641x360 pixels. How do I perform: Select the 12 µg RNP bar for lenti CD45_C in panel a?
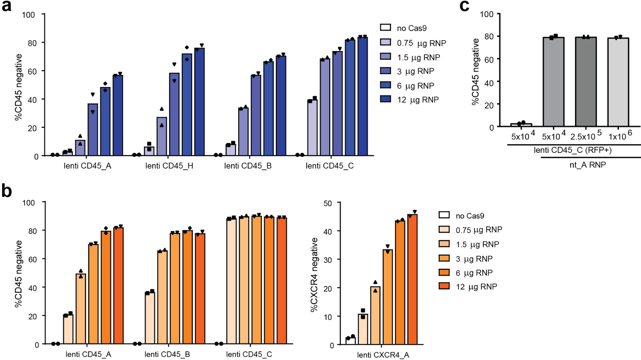click(363, 96)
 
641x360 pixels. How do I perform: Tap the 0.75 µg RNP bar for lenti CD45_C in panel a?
click(312, 128)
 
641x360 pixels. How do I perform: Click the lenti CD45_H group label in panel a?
click(169, 166)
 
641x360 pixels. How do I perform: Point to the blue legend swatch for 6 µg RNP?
click(385, 85)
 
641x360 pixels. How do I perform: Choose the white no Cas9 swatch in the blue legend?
click(385, 28)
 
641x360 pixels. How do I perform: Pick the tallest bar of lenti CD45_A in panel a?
click(118, 116)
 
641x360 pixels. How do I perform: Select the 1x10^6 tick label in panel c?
click(620, 136)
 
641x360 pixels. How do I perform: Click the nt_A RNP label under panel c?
click(588, 165)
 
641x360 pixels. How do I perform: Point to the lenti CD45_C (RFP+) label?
click(573, 150)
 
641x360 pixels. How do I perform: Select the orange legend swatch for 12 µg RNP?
click(444, 286)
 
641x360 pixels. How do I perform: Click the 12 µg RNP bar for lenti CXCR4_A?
click(412, 279)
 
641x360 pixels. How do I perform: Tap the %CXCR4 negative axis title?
click(314, 275)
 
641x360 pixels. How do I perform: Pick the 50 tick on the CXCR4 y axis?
click(328, 204)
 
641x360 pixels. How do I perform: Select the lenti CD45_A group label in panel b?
click(88, 354)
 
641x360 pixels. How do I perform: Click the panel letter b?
click(7, 191)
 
